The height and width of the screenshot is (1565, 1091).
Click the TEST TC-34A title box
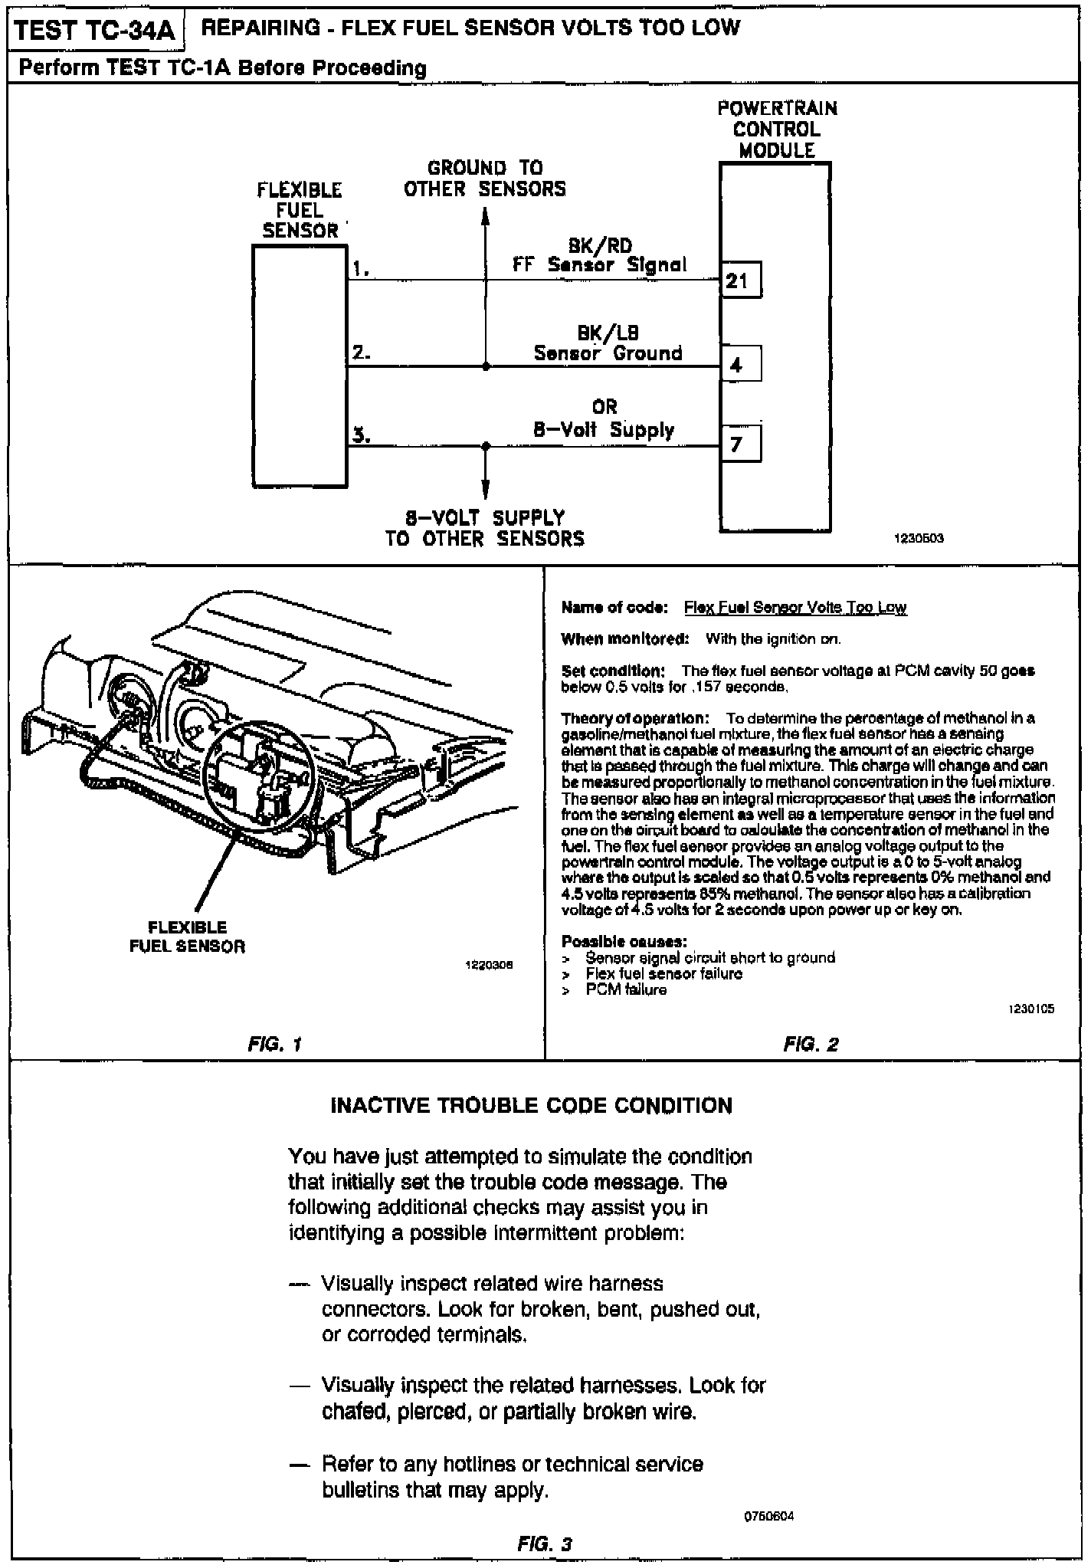pos(94,31)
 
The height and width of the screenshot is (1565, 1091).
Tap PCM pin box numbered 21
pos(740,281)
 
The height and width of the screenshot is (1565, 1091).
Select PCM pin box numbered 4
pos(740,364)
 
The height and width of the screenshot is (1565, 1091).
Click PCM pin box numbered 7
pos(740,444)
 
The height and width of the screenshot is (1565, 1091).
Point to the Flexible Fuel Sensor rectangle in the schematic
pos(300,366)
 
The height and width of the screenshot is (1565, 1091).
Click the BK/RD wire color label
pos(600,246)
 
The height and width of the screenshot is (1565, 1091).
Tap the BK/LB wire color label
pos(608,333)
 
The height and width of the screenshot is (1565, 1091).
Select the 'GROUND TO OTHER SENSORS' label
pos(485,179)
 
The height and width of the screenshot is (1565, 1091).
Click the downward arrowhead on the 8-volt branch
pos(485,490)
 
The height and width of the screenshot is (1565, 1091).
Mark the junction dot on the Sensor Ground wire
pos(486,366)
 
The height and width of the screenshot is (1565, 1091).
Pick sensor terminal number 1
pos(361,268)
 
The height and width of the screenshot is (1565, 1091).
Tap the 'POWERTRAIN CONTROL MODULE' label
pos(777,129)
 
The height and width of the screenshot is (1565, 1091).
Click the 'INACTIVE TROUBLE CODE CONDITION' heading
pos(531,1105)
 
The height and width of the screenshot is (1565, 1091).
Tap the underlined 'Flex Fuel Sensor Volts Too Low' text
pos(794,608)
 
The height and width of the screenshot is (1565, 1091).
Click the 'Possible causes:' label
pos(624,941)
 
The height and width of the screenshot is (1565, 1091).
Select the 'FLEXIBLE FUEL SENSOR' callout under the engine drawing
pos(187,937)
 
